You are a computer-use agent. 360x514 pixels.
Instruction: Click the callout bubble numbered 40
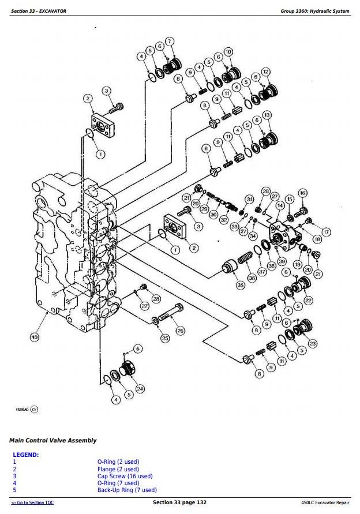click(35, 337)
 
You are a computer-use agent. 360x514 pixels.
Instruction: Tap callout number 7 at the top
click(170, 42)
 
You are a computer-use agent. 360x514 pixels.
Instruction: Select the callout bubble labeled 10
click(228, 52)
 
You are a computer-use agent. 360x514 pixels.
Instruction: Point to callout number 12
click(265, 72)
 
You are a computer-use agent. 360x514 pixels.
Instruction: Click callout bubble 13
click(267, 115)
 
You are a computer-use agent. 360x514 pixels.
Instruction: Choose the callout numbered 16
click(302, 193)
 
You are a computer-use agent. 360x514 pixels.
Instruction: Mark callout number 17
click(326, 232)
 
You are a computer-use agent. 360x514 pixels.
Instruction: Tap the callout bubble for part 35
click(241, 284)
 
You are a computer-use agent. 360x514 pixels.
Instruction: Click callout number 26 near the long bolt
click(180, 331)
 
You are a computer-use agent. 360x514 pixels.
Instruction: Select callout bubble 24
click(140, 388)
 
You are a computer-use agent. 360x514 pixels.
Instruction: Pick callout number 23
click(313, 343)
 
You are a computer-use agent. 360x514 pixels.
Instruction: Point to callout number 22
click(309, 300)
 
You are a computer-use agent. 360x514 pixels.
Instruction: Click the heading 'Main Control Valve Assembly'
click(52, 440)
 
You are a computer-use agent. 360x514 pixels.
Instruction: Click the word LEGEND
click(26, 455)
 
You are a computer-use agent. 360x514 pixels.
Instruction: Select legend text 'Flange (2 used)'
click(118, 469)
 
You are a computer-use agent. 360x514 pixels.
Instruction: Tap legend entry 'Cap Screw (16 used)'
click(125, 476)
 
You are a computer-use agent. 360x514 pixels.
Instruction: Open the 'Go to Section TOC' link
click(33, 503)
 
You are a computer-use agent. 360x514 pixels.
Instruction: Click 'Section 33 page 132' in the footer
click(179, 503)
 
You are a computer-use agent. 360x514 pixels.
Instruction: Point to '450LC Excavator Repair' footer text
click(325, 503)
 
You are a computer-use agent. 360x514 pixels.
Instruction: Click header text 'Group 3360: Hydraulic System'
click(314, 11)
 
